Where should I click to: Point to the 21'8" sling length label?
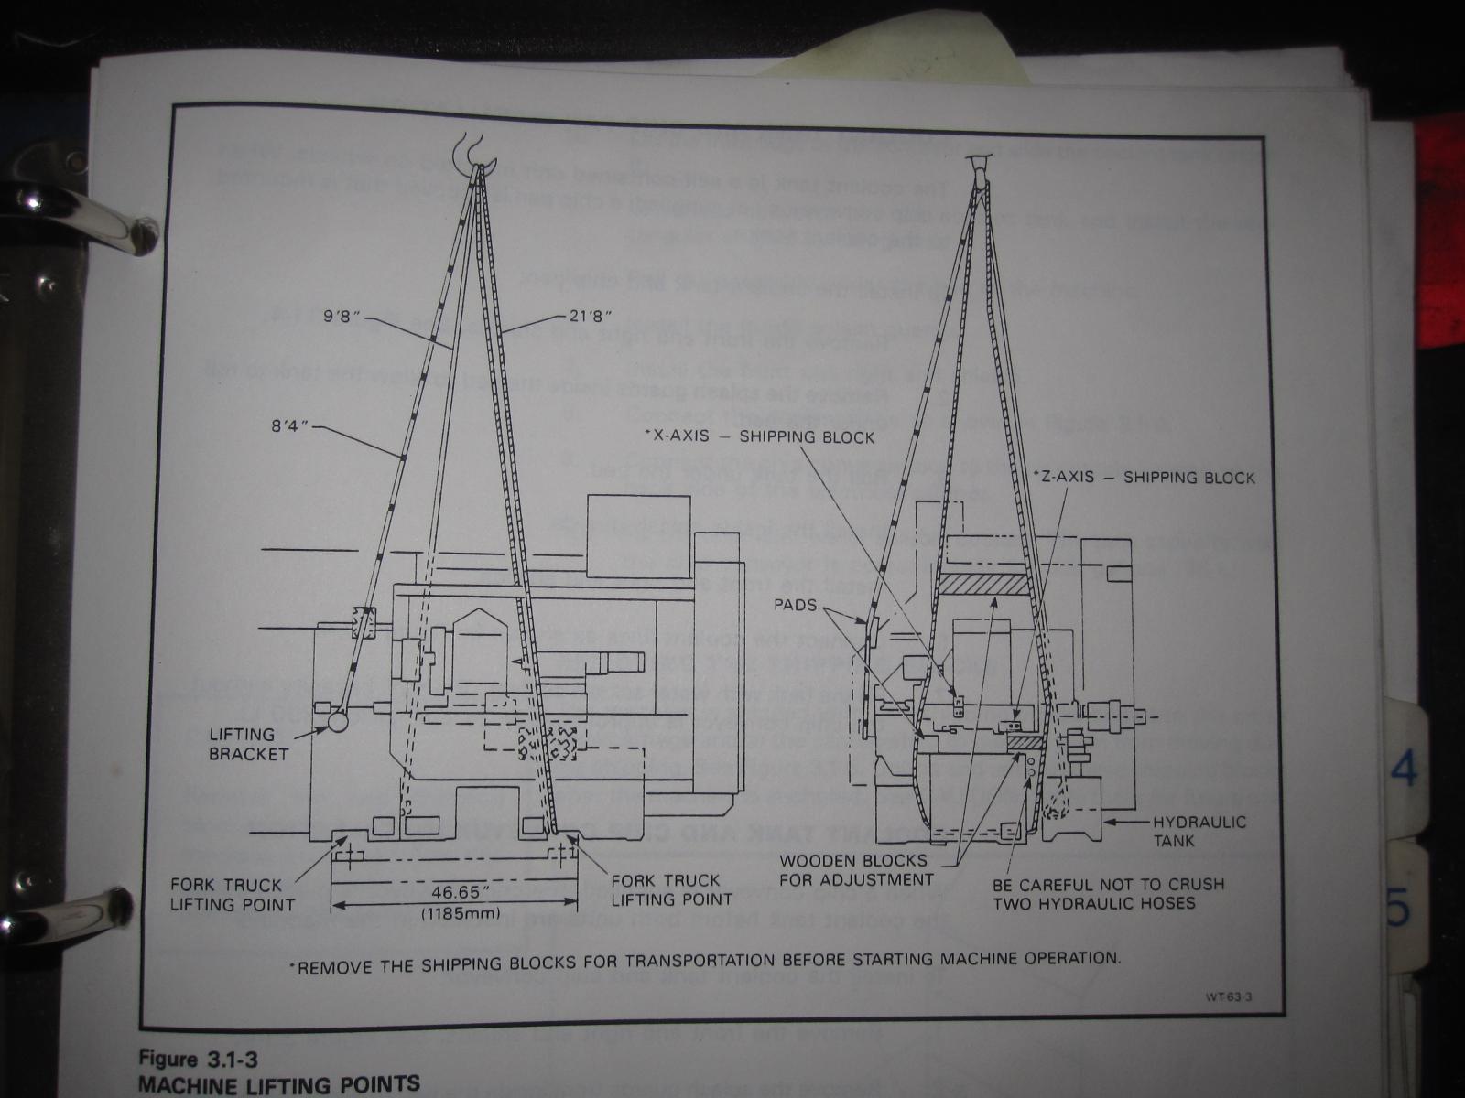586,316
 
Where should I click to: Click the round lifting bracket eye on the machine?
333,721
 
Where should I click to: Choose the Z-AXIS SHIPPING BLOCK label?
1145,478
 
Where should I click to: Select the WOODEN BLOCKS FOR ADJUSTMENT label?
853,870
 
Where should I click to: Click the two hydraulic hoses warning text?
1108,894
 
